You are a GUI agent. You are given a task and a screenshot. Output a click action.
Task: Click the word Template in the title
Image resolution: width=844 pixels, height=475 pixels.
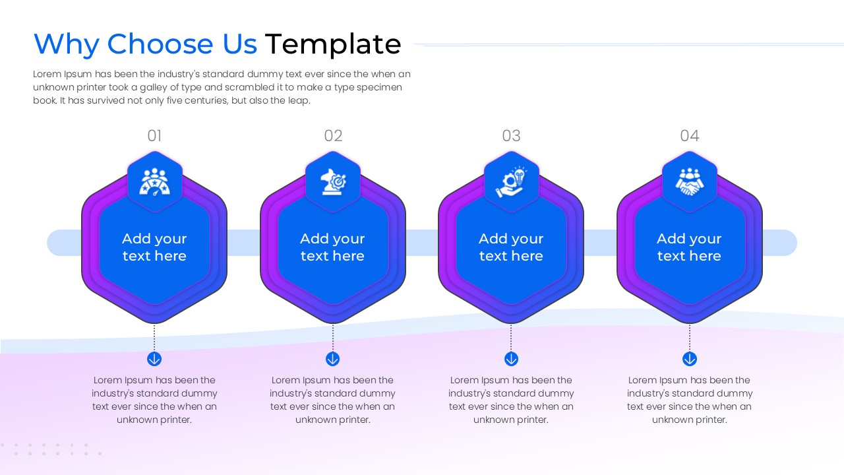[332, 44]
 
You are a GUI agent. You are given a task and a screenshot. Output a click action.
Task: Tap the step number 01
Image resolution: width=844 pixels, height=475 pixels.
[154, 136]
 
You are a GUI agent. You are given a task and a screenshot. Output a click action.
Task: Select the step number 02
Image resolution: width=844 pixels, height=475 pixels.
[333, 136]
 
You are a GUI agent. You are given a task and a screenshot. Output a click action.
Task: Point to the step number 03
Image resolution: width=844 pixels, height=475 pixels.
[511, 136]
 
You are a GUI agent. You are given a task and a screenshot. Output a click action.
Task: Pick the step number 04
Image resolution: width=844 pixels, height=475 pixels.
[689, 136]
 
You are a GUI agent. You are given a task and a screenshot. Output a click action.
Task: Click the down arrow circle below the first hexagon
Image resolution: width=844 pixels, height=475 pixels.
[154, 359]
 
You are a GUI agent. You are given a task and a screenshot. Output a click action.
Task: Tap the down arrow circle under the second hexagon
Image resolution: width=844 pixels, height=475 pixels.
[332, 359]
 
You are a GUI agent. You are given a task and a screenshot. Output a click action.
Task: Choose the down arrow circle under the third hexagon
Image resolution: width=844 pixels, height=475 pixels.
[511, 359]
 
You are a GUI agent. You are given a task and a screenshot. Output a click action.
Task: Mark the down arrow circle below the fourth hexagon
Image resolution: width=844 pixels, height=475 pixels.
[689, 359]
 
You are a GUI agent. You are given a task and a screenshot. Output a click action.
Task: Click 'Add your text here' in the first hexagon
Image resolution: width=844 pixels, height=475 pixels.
[154, 247]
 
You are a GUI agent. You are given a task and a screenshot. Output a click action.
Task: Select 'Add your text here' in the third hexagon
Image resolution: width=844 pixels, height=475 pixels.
[511, 247]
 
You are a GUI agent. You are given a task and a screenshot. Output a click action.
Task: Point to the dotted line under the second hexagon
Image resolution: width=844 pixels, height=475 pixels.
[332, 337]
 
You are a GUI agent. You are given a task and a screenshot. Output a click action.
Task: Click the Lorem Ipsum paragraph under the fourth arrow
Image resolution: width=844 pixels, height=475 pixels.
[689, 400]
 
